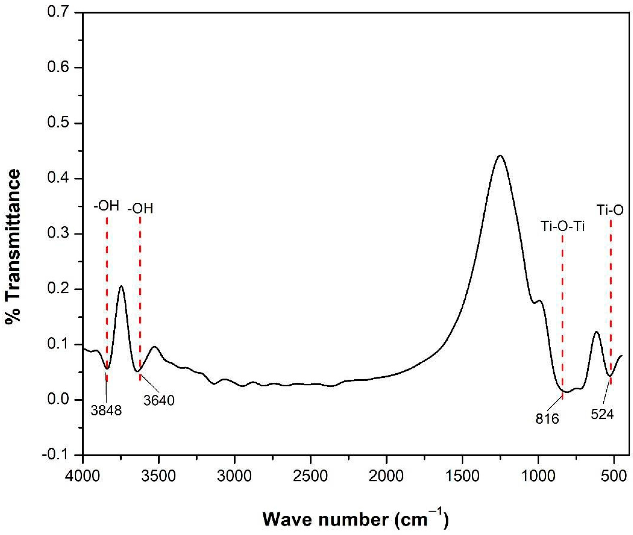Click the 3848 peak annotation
[x=106, y=410]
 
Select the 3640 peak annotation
[x=159, y=401]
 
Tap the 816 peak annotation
[x=547, y=419]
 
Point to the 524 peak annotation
[x=602, y=414]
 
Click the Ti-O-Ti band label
[x=563, y=226]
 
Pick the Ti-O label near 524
[x=610, y=210]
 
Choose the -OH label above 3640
[x=140, y=209]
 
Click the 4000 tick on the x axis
[x=82, y=476]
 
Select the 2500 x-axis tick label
[x=310, y=476]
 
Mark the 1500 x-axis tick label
[x=462, y=476]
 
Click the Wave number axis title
[x=355, y=519]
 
